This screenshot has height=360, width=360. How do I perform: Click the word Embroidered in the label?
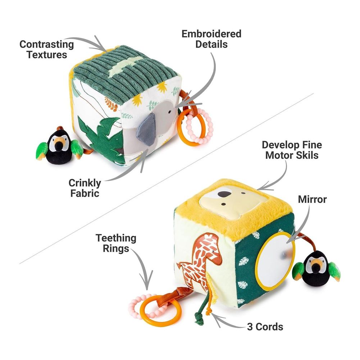tap(211, 34)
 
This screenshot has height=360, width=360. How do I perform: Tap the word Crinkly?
tap(85, 183)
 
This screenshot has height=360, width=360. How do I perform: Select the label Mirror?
tap(312, 199)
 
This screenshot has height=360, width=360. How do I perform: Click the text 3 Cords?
tap(265, 327)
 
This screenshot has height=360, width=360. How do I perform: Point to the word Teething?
tap(116, 238)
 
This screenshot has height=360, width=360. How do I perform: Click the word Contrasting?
tap(47, 45)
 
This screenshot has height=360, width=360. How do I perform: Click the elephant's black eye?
tap(170, 112)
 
